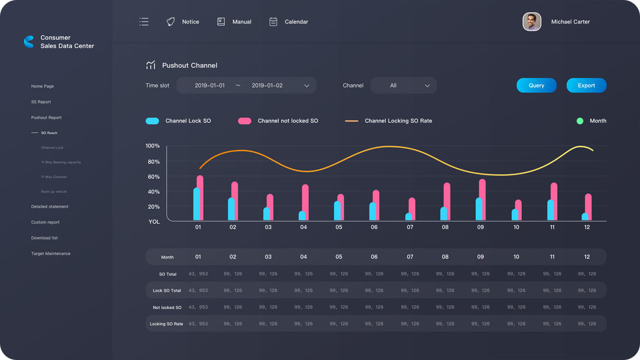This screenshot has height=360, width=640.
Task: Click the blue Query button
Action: pyautogui.click(x=536, y=85)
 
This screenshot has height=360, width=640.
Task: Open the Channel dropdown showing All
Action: pyautogui.click(x=403, y=85)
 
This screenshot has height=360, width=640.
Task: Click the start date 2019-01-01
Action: pyautogui.click(x=210, y=85)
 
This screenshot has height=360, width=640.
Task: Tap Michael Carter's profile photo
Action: pyautogui.click(x=531, y=22)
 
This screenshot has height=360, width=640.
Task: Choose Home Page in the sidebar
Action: pyautogui.click(x=43, y=86)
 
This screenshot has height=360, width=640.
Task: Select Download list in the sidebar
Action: pyautogui.click(x=44, y=238)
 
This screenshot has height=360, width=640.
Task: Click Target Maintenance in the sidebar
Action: pyautogui.click(x=50, y=254)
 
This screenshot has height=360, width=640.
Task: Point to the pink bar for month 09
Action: pyautogui.click(x=482, y=200)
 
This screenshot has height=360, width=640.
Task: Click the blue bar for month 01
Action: pyautogui.click(x=197, y=204)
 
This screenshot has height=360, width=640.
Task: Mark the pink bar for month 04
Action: pyautogui.click(x=305, y=202)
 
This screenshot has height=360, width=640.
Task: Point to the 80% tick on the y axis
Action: pyautogui.click(x=153, y=161)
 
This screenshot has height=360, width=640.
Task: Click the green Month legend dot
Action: pyautogui.click(x=580, y=121)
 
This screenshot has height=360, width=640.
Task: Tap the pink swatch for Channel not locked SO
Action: pyautogui.click(x=245, y=121)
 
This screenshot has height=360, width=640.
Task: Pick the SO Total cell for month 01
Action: pyautogui.click(x=198, y=274)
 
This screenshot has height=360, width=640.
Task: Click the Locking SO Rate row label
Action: pyautogui.click(x=166, y=324)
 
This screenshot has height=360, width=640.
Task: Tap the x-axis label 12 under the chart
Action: pyautogui.click(x=587, y=227)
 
